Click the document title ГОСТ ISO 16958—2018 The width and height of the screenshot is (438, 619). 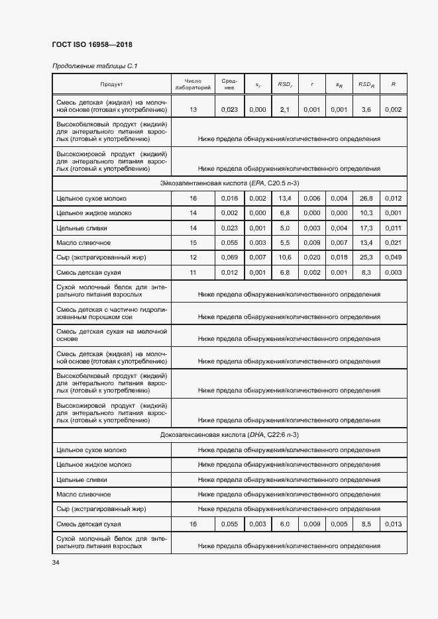92,45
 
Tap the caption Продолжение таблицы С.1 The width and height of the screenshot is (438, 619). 94,66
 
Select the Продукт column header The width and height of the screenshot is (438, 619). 111,84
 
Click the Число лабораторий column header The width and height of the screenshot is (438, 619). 193,84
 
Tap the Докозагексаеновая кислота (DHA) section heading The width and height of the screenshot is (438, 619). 229,434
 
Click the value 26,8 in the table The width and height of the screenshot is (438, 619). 366,198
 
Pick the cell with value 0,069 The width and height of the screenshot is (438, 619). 229,258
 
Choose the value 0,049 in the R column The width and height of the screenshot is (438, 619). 393,258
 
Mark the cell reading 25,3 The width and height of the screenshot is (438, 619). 366,258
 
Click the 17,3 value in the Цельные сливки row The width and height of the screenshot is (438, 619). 366,228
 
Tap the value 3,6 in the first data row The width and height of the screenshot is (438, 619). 366,110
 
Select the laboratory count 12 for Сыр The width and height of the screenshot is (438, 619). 193,258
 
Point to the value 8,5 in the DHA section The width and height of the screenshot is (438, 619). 366,524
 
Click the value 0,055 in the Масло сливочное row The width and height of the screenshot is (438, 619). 229,243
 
